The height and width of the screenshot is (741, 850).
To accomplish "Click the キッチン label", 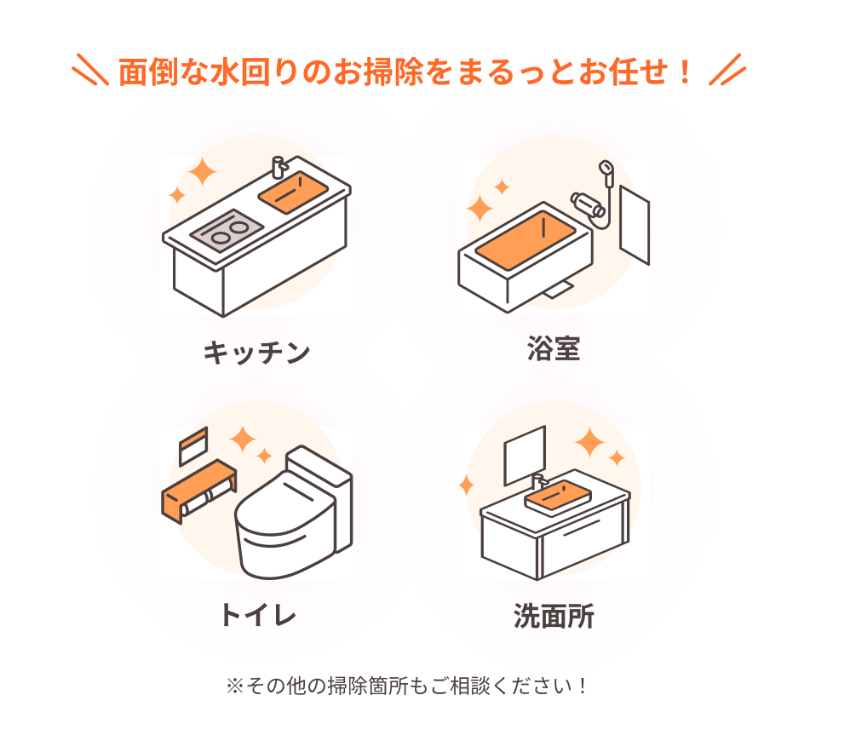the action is pos(256,353).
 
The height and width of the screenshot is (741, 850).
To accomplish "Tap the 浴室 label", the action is pos(554,348).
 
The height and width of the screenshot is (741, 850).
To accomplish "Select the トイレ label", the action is pos(258,615).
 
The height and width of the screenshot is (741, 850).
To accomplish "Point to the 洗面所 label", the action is pos(554,616).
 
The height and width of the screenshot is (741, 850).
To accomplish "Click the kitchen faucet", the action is pos(279,167).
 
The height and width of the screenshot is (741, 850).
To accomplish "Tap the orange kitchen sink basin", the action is pos(293,192).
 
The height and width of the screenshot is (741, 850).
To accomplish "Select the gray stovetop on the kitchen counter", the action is pos(227,230).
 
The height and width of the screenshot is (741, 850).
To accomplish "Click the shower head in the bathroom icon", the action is pos(606,168).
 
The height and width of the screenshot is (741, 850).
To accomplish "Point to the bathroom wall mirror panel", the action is pos(635,225).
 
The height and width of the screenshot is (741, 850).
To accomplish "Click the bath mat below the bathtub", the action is pos(560,290).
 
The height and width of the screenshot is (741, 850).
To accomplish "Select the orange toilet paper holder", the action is pos(198,491).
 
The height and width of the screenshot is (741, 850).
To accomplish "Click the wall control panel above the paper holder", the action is pos(193,445).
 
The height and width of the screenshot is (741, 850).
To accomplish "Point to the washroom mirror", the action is pos(525,456).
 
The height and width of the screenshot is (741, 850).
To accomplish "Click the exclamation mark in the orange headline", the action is pos(685,72).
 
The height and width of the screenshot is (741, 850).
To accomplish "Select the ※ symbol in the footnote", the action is pos(235,686).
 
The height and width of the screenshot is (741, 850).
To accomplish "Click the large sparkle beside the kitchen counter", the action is pos(202,171).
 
